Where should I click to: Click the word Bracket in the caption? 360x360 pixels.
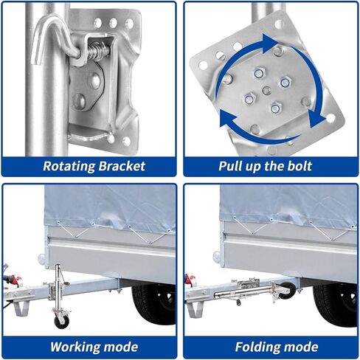122,166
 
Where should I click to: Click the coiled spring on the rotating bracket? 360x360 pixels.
97,52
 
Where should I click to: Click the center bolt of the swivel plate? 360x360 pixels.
266,90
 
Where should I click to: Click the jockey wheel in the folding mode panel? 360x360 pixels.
286,290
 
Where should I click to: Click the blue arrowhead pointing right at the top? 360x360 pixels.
269,43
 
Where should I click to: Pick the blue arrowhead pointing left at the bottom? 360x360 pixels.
228,120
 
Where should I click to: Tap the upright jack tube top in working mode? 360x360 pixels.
58,267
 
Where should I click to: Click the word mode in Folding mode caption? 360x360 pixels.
302,347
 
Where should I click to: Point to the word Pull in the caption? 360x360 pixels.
229,166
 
